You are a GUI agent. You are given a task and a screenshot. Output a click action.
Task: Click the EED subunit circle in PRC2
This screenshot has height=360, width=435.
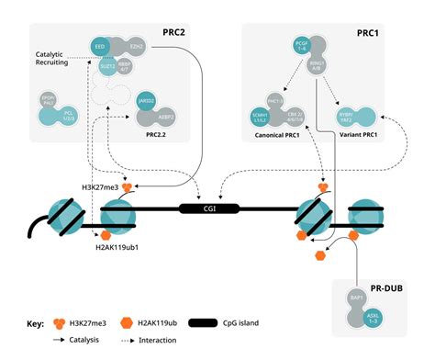click(99, 46)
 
